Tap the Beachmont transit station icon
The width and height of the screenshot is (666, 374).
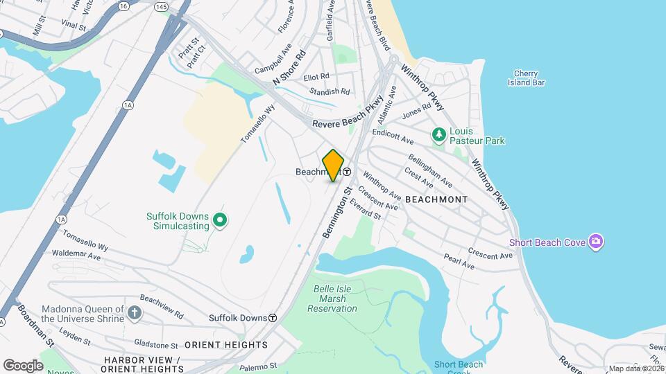(346, 172)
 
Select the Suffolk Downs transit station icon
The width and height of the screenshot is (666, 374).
(273, 318)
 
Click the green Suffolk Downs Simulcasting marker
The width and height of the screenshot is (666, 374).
(220, 221)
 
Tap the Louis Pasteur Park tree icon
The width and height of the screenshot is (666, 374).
(438, 133)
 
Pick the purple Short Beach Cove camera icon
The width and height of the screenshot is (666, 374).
(595, 242)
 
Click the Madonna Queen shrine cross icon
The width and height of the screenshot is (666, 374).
(135, 313)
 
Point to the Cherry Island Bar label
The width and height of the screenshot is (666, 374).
(526, 78)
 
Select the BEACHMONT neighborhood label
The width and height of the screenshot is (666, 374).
(436, 199)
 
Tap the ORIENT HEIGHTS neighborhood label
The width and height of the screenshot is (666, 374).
(226, 345)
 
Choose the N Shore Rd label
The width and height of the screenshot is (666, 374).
(289, 67)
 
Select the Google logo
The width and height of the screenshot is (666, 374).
(23, 365)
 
